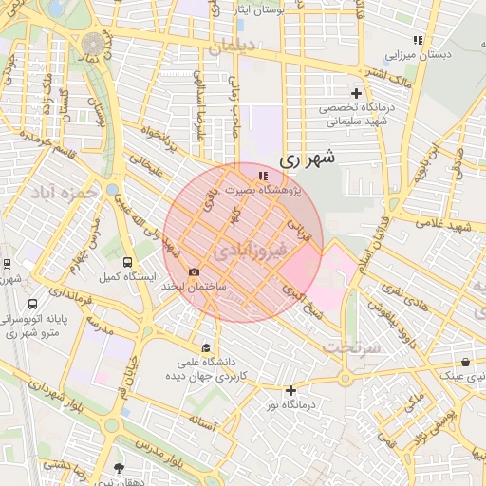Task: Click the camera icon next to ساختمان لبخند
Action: [195, 271]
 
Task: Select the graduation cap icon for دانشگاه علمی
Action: [206, 347]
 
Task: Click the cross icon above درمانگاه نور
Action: [290, 390]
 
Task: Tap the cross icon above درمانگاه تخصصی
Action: [357, 93]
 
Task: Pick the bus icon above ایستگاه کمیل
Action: [121, 262]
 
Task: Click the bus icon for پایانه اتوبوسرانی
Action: [33, 305]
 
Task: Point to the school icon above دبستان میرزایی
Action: [417, 40]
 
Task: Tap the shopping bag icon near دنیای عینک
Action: [465, 362]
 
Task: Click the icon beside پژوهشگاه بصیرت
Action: [263, 176]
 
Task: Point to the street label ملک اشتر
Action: [387, 73]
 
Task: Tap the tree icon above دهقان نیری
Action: [119, 468]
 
